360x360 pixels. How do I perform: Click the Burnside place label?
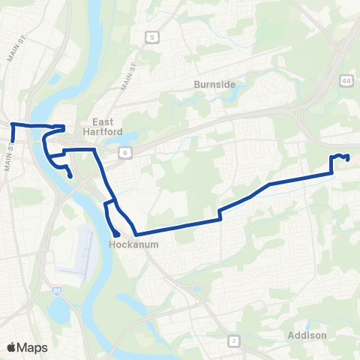(x=214, y=85)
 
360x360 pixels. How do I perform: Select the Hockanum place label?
(x=125, y=244)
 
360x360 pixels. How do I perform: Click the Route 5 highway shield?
(x=152, y=36)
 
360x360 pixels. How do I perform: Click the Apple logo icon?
(x=11, y=347)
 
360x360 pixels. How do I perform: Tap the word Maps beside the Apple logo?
(x=33, y=347)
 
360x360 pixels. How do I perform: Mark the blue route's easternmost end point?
(x=349, y=157)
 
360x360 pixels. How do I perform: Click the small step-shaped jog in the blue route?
(x=220, y=214)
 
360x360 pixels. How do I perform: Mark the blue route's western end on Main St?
(x=13, y=140)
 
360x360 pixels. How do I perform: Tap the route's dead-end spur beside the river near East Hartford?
(x=70, y=176)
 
